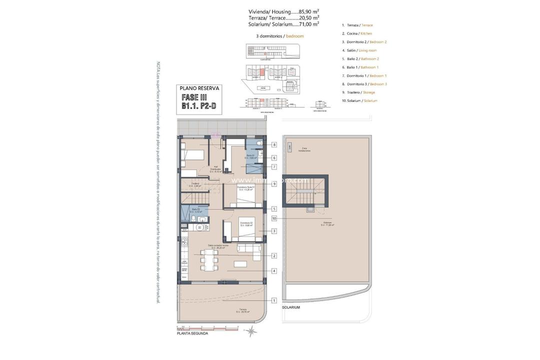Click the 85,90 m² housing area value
[x=308, y=11]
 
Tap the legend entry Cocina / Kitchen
[x=357, y=33]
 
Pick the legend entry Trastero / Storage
[x=358, y=92]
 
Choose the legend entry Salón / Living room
[x=359, y=50]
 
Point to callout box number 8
[x=274, y=144]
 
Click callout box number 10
[x=274, y=218]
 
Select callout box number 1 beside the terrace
[x=274, y=300]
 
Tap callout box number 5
[x=274, y=209]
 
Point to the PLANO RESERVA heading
[x=199, y=88]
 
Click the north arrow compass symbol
[x=252, y=331]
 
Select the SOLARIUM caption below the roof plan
[x=291, y=307]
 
